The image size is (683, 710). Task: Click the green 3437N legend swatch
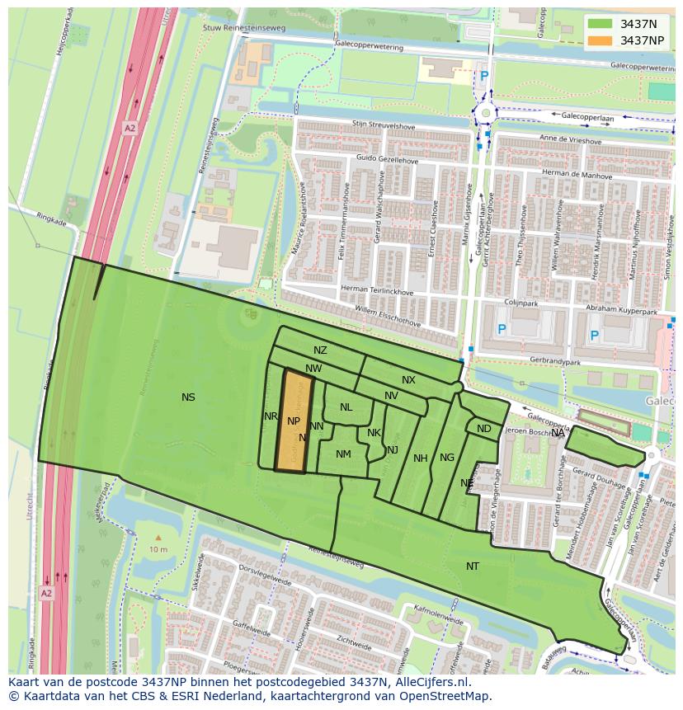[x=600, y=24]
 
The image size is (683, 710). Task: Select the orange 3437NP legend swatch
[x=600, y=40]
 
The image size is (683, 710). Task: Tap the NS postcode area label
[x=188, y=397]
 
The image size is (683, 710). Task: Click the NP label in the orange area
[x=294, y=421]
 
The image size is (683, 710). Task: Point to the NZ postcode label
[x=320, y=350]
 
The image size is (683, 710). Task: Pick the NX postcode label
[x=408, y=380]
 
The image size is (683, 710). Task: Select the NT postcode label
[x=473, y=567]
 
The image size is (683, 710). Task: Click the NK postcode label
[x=374, y=433]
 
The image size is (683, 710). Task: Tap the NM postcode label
[x=343, y=454]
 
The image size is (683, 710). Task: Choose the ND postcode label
[x=484, y=429]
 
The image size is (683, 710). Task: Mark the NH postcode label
[x=421, y=458]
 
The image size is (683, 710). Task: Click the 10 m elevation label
[x=158, y=549]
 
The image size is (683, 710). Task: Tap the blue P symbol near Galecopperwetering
[x=484, y=76]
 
